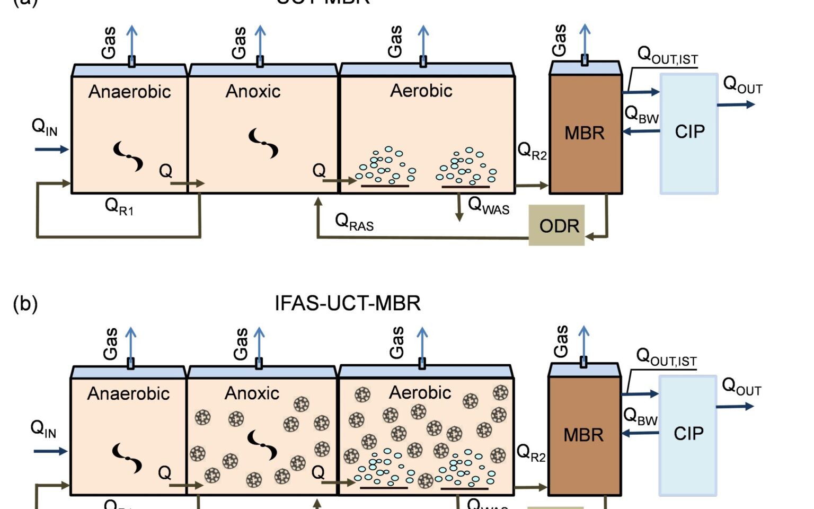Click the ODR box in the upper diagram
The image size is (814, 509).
[x=556, y=226]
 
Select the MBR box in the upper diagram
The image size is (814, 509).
[x=585, y=133]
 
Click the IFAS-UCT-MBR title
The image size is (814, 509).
[x=348, y=303]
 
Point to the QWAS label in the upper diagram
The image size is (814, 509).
[x=488, y=205]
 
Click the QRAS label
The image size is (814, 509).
[x=354, y=222]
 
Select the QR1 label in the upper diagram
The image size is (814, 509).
[x=119, y=206]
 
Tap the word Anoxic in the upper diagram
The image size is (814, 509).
[x=253, y=91]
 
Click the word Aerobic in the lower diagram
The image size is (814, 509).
[x=420, y=392]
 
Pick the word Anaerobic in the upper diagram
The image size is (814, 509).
[x=129, y=92]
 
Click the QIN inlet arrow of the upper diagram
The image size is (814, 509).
[x=51, y=150]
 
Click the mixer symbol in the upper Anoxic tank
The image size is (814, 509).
[x=263, y=143]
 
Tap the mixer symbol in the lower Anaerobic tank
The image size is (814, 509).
[x=127, y=458]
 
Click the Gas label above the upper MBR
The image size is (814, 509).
[x=559, y=40]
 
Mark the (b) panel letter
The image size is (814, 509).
[x=25, y=304]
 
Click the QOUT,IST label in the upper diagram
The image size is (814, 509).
[x=667, y=55]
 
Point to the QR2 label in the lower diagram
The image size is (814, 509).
[x=531, y=453]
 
